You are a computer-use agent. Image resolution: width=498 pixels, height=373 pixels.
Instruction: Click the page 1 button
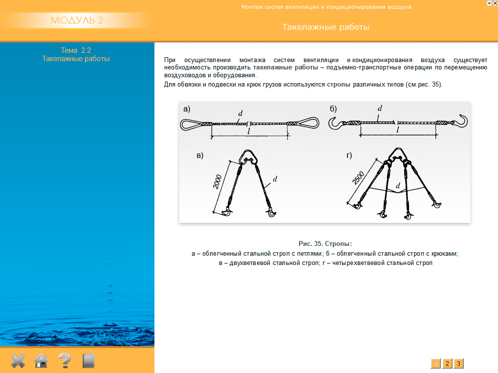tap(435, 363)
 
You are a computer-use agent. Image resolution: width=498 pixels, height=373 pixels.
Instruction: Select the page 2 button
tap(447, 363)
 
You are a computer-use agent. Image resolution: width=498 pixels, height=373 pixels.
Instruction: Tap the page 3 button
tap(458, 363)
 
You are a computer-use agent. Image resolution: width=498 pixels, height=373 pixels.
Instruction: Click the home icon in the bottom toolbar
tap(41, 361)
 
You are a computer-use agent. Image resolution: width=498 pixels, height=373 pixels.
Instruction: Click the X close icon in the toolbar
tap(18, 361)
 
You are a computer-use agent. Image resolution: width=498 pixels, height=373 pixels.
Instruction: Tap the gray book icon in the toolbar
tap(88, 361)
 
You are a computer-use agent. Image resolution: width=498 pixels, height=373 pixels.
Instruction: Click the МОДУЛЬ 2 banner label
tap(77, 21)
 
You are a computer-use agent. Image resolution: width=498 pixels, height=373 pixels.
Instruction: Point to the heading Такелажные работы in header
tap(326, 27)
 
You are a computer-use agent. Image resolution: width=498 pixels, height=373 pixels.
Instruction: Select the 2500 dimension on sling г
tap(360, 179)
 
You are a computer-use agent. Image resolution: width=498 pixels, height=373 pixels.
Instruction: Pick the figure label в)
tap(199, 155)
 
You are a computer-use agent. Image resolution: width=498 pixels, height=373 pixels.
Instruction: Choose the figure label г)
tap(349, 155)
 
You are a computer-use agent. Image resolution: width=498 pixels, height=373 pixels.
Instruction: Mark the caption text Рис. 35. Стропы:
tap(325, 243)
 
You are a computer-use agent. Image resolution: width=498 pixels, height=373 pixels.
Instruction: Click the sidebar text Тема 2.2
tap(76, 50)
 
